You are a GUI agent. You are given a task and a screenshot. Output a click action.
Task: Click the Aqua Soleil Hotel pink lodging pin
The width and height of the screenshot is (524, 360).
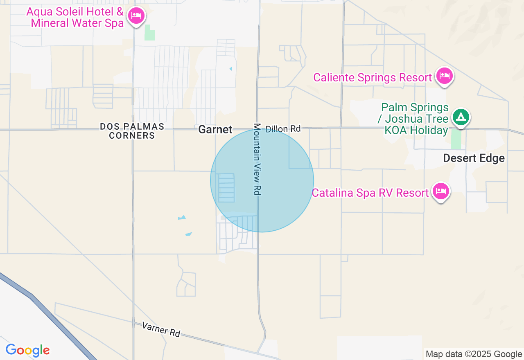[x=136, y=16]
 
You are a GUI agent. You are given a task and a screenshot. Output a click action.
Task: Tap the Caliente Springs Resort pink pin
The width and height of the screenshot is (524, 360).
[x=444, y=76]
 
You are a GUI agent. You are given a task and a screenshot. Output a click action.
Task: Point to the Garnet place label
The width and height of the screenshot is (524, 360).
[x=215, y=130]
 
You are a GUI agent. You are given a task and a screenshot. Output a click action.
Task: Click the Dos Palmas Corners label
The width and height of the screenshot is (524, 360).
[x=132, y=131]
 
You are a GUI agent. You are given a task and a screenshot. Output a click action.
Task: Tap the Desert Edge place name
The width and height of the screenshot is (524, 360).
[x=474, y=158]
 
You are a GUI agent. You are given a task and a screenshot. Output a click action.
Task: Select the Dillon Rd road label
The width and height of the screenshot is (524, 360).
[x=283, y=129]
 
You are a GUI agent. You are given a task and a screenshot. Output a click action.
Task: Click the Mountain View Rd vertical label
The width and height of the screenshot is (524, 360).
[x=257, y=159]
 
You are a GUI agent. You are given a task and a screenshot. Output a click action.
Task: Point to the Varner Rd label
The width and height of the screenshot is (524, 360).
[x=161, y=329]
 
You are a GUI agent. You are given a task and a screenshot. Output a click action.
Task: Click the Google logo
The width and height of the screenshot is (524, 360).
[x=27, y=351]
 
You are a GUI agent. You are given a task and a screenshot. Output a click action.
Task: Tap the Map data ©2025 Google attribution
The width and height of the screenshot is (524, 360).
[x=474, y=354]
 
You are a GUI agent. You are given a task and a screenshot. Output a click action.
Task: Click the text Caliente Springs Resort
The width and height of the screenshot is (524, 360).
[x=373, y=77]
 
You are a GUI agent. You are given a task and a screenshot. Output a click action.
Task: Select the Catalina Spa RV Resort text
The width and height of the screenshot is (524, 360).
[x=370, y=193]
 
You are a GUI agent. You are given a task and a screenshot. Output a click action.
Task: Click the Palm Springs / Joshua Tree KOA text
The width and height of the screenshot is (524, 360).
[x=414, y=119]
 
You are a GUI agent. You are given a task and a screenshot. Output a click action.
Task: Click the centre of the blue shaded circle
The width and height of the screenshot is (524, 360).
[x=262, y=180]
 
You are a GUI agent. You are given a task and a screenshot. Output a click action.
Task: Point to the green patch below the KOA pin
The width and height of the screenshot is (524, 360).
[x=456, y=139]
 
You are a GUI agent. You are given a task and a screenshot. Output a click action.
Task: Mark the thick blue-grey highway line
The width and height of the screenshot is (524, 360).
[x=49, y=311]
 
